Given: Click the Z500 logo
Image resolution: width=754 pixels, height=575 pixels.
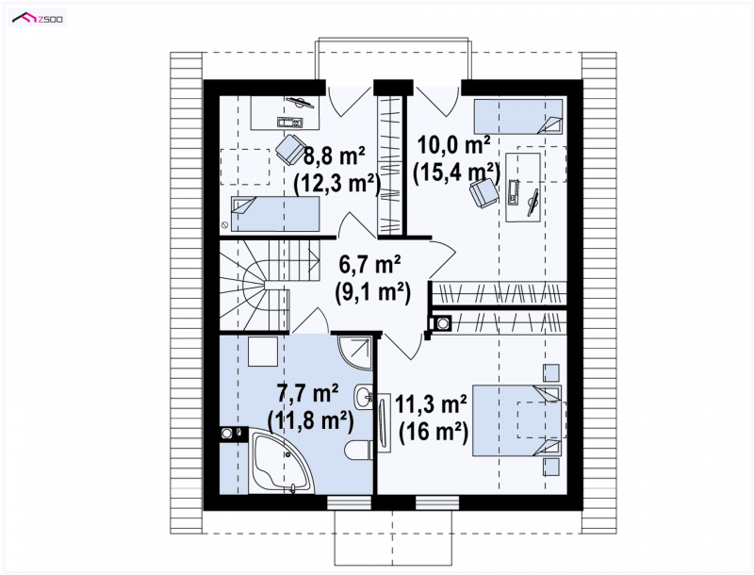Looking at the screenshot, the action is tap(39, 18).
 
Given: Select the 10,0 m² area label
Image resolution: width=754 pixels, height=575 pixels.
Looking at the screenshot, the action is tap(454, 144).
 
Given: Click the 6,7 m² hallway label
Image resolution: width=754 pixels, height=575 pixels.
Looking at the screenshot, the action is tap(370, 264).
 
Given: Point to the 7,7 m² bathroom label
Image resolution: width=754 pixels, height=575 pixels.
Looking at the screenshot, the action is tap(308, 393).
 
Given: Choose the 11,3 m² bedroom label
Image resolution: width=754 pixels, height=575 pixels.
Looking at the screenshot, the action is tap(431, 404).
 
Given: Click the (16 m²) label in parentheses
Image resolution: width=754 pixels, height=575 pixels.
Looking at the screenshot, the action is tap(434, 432).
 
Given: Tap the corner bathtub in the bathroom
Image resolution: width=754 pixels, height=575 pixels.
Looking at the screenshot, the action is tap(280, 461).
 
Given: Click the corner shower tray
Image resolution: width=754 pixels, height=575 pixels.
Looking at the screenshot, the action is tap(355, 353).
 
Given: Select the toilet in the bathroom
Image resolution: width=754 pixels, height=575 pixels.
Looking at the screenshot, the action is tap(358, 450).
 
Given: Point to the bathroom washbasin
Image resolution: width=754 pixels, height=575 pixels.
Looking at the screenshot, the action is tap(364, 397).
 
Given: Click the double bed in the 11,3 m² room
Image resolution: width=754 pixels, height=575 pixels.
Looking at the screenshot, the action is tap(517, 420).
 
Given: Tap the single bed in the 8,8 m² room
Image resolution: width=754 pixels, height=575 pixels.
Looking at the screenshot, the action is tap(275, 213).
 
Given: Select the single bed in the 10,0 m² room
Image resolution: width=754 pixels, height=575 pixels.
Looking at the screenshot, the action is tap(518, 116).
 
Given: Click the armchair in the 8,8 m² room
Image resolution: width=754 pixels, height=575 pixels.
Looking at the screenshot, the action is tap(291, 149).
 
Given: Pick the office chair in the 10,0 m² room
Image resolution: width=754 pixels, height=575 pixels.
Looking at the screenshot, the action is tap(484, 192).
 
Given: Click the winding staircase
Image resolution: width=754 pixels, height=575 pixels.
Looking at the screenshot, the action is tap(269, 286).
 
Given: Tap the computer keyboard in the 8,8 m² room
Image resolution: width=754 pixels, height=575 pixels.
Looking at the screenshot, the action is tap(290, 123).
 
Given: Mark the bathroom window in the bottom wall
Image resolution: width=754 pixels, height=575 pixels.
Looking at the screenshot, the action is tap(350, 502).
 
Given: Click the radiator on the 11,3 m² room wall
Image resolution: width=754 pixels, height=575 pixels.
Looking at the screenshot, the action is tap(384, 422).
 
